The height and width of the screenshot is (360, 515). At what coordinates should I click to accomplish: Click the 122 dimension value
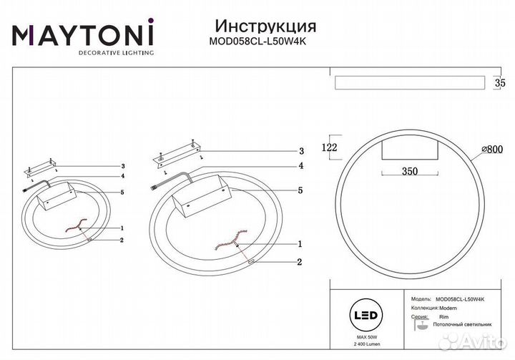329,147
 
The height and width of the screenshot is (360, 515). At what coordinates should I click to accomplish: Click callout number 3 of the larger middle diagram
301,151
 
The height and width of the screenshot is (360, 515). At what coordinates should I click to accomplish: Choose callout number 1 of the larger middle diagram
301,243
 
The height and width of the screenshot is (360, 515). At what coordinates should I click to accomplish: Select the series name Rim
443,316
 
